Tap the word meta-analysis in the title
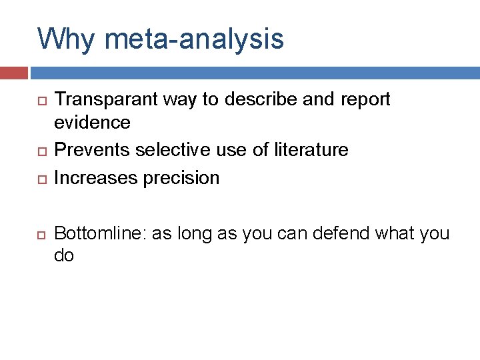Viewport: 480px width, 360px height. coord(194,39)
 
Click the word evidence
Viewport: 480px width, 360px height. coord(92,122)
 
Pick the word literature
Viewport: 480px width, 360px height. coord(311,149)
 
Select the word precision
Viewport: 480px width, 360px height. coord(182,178)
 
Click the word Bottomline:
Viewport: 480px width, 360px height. coord(100,233)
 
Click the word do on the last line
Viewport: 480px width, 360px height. coord(64,255)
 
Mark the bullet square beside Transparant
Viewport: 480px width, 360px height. coord(41,101)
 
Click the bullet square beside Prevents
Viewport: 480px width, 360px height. coord(41,151)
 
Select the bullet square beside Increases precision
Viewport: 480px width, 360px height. coord(41,179)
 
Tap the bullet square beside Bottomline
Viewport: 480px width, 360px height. coord(41,235)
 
